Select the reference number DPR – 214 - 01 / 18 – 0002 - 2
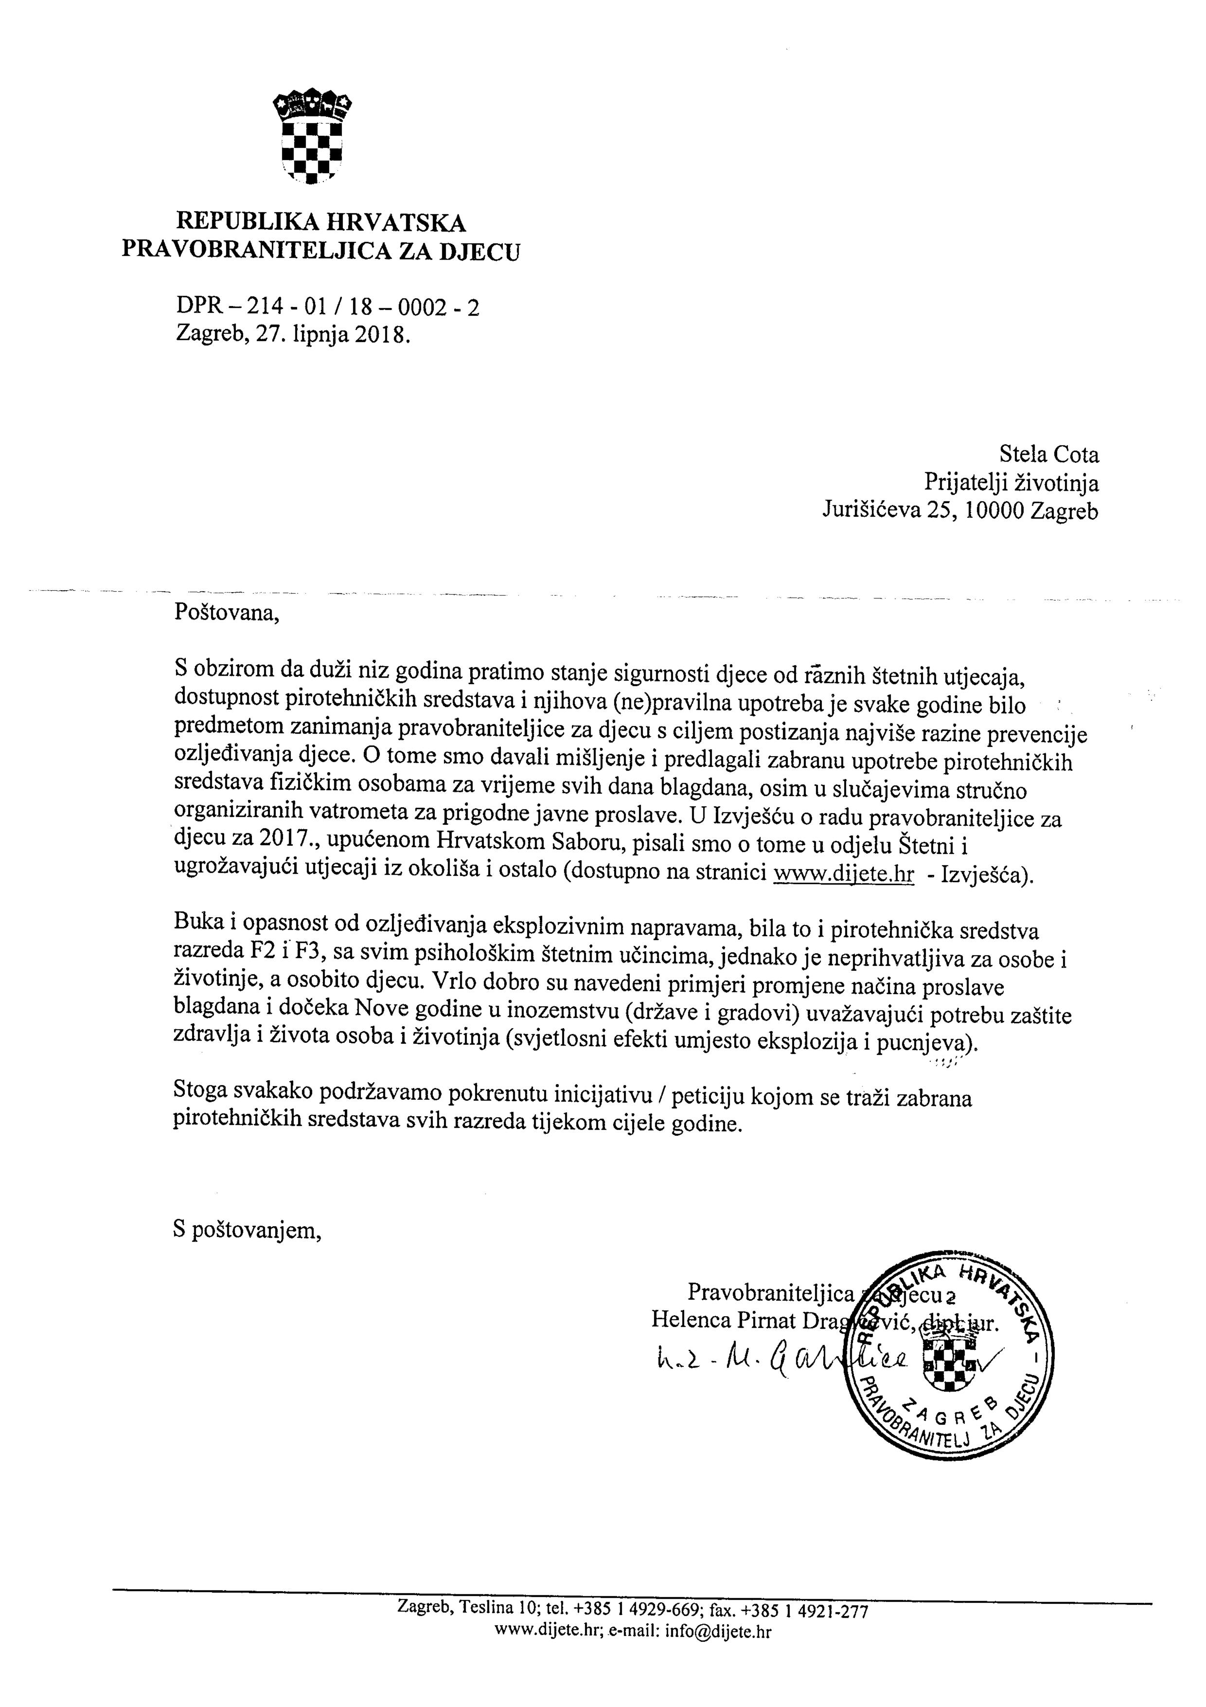[x=327, y=306]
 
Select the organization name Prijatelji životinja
[x=1011, y=483]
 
